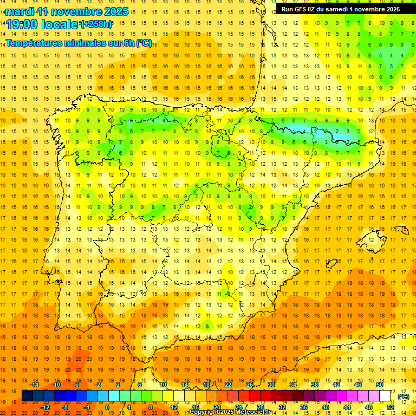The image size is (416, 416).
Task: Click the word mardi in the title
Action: coord(19,11)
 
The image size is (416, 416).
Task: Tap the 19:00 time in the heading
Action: coord(22,25)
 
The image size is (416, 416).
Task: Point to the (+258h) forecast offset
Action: coord(97,24)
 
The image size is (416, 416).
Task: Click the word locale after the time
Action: coord(59,25)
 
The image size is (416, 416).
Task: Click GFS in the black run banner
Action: coord(301,9)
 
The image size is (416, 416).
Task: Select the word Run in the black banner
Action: coord(287,9)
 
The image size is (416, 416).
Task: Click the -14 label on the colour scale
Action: coord(35,385)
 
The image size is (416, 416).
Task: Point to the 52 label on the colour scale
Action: coord(391,407)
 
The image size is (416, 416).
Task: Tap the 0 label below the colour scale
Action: coord(107,407)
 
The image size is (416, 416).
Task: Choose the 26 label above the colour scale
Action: coord(249,385)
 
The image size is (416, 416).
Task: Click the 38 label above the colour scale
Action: coord(314,385)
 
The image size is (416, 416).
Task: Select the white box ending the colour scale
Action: coord(385,396)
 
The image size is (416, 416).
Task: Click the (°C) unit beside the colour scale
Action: coord(404,396)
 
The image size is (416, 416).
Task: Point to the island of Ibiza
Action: coord(331,264)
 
